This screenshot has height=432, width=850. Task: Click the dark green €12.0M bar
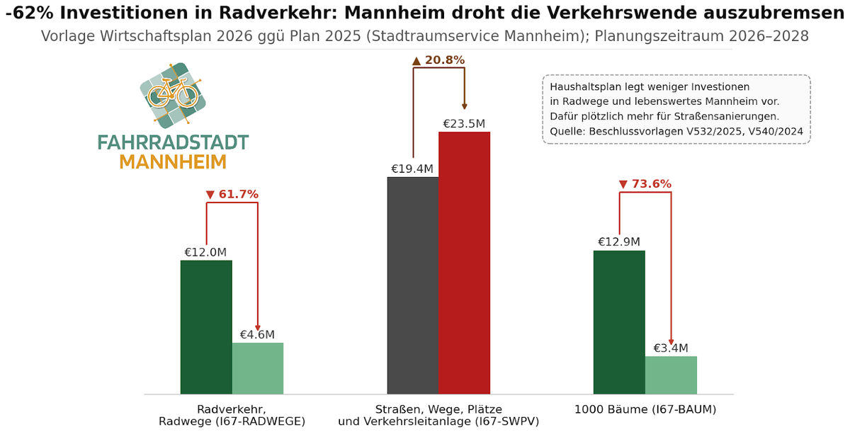pyautogui.click(x=206, y=327)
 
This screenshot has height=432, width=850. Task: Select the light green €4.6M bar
pyautogui.click(x=258, y=368)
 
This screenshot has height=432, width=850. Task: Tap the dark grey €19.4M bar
pyautogui.click(x=413, y=285)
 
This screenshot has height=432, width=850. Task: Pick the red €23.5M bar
pyautogui.click(x=464, y=263)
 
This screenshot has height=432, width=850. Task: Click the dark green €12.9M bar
pyautogui.click(x=619, y=322)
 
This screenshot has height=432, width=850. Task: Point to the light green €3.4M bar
pyautogui.click(x=671, y=375)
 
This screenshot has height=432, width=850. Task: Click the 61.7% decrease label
pyautogui.click(x=232, y=194)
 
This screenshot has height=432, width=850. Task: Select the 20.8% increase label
pyautogui.click(x=438, y=60)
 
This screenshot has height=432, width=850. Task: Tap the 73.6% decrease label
pyautogui.click(x=645, y=184)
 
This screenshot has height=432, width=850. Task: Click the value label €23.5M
pyautogui.click(x=464, y=124)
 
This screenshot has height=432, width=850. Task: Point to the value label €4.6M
pyautogui.click(x=257, y=335)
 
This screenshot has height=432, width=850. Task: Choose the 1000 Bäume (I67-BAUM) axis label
pyautogui.click(x=645, y=409)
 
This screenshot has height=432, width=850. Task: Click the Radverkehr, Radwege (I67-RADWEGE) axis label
pyautogui.click(x=232, y=415)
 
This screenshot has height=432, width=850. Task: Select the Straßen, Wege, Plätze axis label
pyautogui.click(x=438, y=409)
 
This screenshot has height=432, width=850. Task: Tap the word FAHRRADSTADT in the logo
pyautogui.click(x=173, y=142)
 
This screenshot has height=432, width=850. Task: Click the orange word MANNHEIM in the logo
pyautogui.click(x=173, y=162)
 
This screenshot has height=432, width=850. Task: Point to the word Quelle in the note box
pyautogui.click(x=567, y=131)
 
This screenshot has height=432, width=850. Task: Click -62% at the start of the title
pyautogui.click(x=23, y=13)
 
